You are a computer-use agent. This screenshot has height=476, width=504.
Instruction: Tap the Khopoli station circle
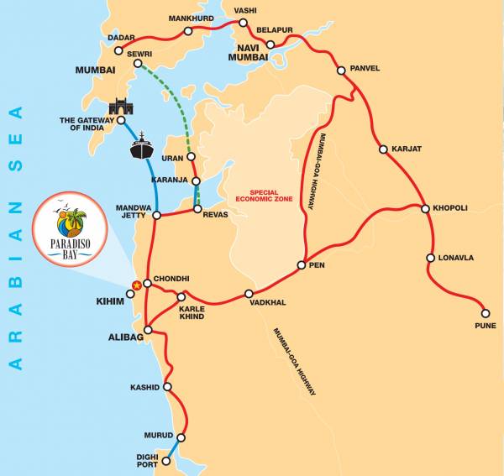pyautogui.click(x=425, y=207)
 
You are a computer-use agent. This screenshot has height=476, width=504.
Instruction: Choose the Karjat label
pyautogui.click(x=407, y=149)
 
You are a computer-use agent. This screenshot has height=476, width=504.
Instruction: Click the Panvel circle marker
pyautogui.click(x=342, y=71)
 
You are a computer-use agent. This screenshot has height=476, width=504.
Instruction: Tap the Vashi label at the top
pyautogui.click(x=245, y=11)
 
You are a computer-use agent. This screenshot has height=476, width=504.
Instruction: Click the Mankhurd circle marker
pyautogui.click(x=188, y=31)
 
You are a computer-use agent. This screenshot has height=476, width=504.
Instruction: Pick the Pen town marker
pyautogui.click(x=301, y=266)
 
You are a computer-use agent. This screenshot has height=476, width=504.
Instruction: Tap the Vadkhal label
pyautogui.click(x=249, y=304)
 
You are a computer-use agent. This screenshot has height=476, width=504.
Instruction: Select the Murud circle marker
pyautogui.click(x=181, y=437)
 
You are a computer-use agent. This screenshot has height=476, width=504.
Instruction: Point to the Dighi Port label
pyautogui.click(x=149, y=460)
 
